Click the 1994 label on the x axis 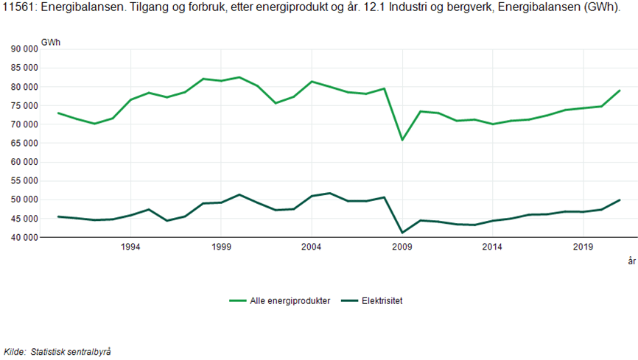point(130,247)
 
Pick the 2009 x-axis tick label point(402,247)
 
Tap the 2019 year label point(583,247)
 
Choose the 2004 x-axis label point(312,247)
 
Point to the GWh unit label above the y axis point(51,42)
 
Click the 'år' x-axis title point(631,261)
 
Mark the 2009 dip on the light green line point(402,140)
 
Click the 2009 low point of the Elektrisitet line point(402,233)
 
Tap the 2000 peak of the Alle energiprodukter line point(239,77)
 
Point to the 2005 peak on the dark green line point(329,193)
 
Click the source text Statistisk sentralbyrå point(71,352)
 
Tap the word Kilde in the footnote point(14,352)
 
